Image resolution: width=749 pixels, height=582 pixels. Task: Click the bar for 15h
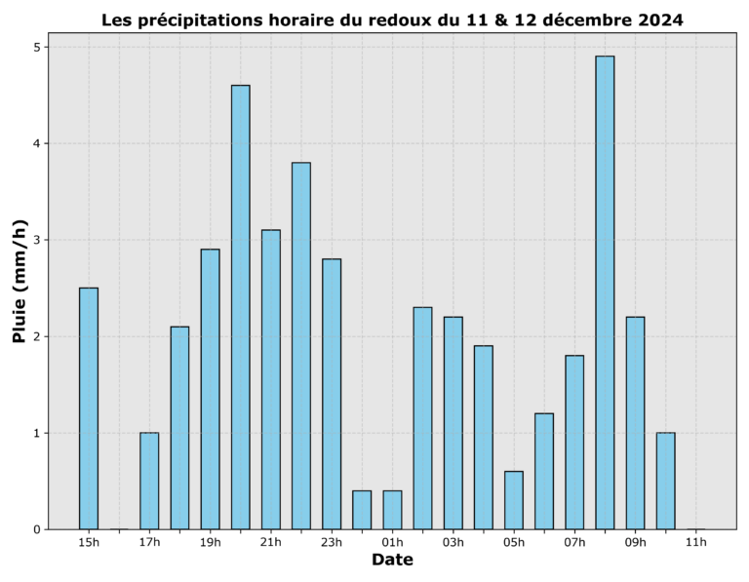(x=89, y=408)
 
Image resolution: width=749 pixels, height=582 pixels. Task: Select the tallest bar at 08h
(x=605, y=292)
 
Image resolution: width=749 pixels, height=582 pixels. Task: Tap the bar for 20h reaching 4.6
(x=240, y=307)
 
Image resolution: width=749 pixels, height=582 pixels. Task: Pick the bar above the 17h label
(x=149, y=481)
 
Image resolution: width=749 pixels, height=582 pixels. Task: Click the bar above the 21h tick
(x=271, y=379)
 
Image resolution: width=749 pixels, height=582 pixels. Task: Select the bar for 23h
(x=332, y=394)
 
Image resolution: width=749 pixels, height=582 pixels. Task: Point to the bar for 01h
(x=392, y=510)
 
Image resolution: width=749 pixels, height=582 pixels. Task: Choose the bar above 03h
(x=453, y=423)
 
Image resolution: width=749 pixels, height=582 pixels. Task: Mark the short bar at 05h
(x=514, y=500)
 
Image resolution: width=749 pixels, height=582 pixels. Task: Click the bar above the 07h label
(x=574, y=443)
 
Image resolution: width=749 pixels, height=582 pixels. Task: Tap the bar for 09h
(x=635, y=423)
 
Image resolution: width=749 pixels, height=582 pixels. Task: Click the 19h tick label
(x=210, y=542)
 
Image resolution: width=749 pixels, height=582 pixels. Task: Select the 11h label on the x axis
(x=695, y=542)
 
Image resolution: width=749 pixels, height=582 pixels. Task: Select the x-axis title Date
(x=392, y=561)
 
